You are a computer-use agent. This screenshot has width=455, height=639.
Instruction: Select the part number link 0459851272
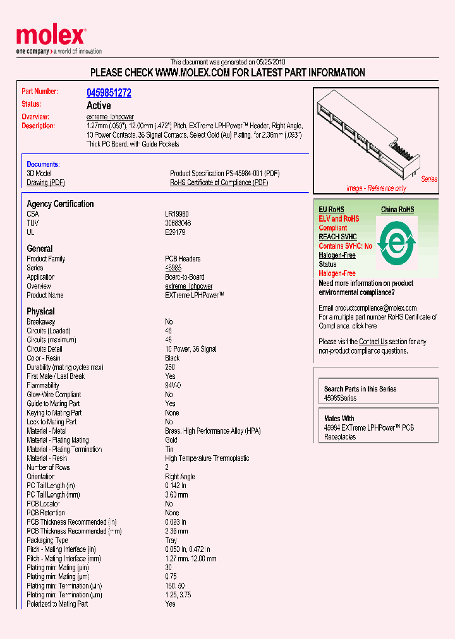[x=109, y=93]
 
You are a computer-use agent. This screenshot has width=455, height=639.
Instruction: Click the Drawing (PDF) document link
[x=45, y=182]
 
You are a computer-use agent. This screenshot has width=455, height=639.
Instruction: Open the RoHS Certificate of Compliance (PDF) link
[x=219, y=182]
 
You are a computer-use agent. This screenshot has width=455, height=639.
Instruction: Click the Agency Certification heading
[x=60, y=204]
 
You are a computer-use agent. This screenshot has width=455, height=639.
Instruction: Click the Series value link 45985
[x=173, y=268]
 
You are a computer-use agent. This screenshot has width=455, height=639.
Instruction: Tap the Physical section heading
[x=40, y=311]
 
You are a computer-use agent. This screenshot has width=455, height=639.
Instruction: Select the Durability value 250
[x=170, y=367]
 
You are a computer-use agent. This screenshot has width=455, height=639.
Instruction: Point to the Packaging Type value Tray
[x=171, y=540]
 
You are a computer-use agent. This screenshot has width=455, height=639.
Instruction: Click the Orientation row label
[x=40, y=477]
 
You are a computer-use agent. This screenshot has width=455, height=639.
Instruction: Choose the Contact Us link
[x=373, y=342]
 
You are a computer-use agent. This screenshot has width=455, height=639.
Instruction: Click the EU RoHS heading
[x=331, y=210]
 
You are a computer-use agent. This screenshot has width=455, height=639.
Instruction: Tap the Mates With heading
[x=339, y=419]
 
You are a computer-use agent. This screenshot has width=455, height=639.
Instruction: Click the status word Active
[x=99, y=105]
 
